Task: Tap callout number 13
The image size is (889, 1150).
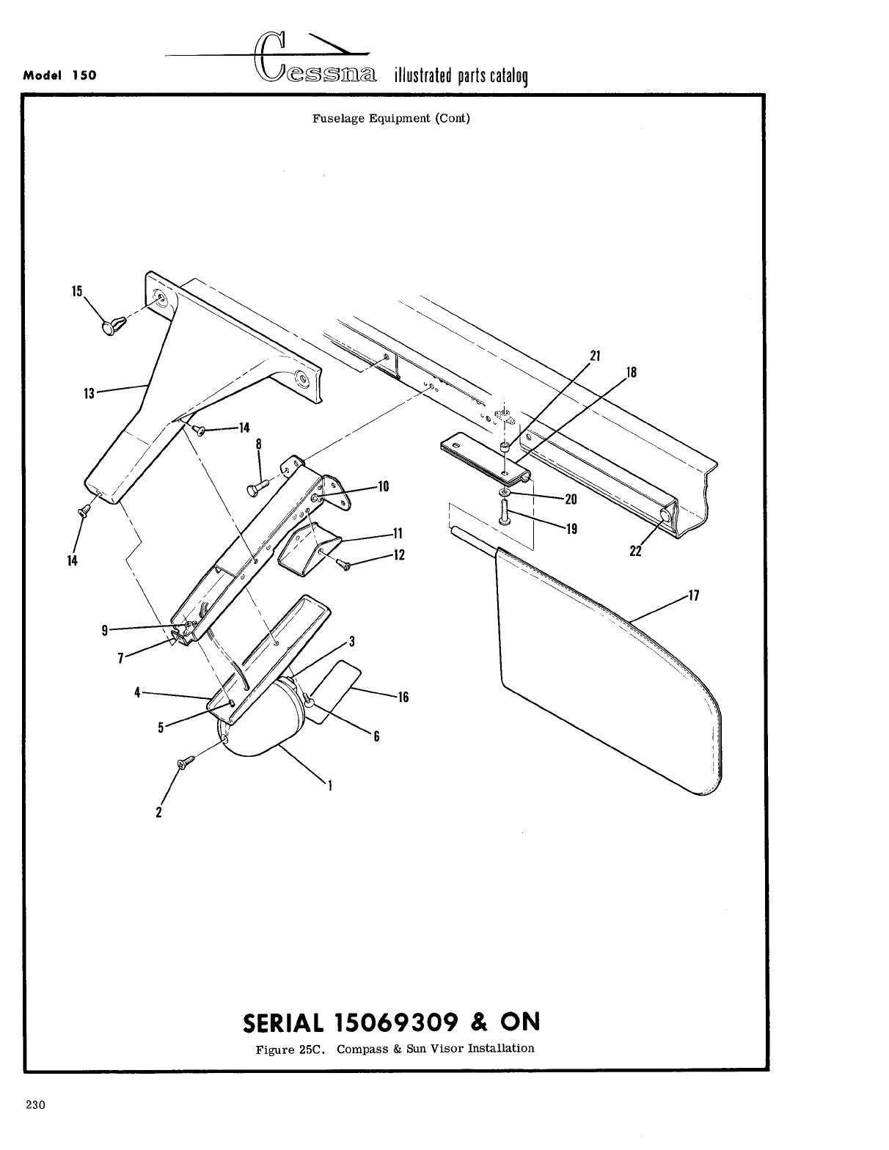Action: [x=89, y=394]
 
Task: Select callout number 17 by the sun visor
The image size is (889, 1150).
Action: [x=694, y=596]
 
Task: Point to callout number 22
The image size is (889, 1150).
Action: [x=635, y=552]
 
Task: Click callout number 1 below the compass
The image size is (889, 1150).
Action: [x=331, y=785]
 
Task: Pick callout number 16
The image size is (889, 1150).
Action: [x=403, y=697]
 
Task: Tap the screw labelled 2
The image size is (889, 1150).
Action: [x=184, y=763]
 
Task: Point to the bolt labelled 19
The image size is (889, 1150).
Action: [x=505, y=510]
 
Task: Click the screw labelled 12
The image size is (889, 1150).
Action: [x=345, y=563]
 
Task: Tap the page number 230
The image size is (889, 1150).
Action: [x=36, y=1106]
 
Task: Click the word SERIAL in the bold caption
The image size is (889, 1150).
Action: [x=282, y=1022]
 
